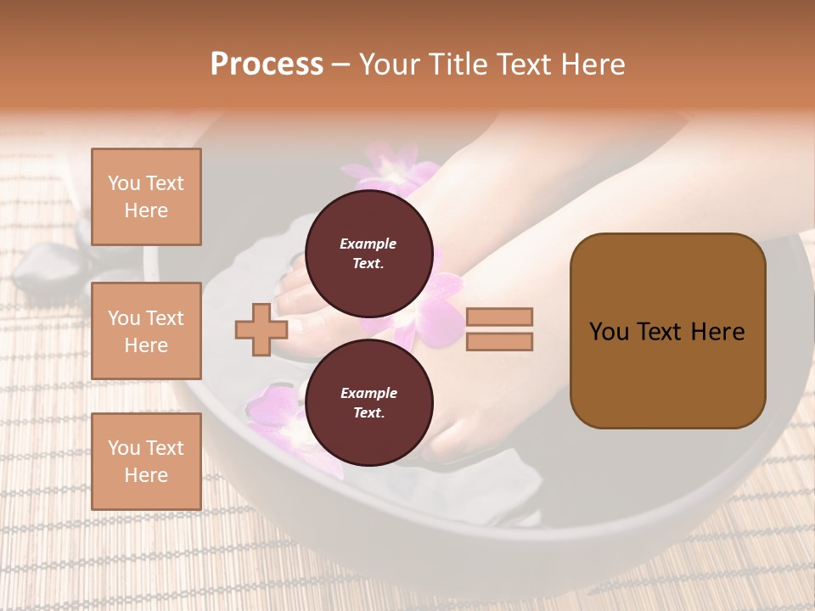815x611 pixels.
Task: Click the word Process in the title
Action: [x=267, y=64]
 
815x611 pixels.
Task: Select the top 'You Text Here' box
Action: [x=146, y=197]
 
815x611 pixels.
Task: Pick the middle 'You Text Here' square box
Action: [x=146, y=331]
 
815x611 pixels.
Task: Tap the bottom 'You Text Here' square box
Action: [x=146, y=461]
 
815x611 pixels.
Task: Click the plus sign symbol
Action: [x=261, y=330]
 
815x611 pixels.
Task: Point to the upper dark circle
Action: [x=368, y=254]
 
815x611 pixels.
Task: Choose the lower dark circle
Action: [x=368, y=403]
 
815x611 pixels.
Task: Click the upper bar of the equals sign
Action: [x=499, y=317]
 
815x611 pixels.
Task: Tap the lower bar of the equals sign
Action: [x=499, y=342]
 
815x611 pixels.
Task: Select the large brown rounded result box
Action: [x=667, y=330]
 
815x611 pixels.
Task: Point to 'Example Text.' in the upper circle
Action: [x=368, y=254]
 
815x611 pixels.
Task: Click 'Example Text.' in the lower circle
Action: [x=368, y=403]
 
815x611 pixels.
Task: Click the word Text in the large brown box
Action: [x=683, y=332]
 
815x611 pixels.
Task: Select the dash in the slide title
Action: [x=340, y=64]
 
